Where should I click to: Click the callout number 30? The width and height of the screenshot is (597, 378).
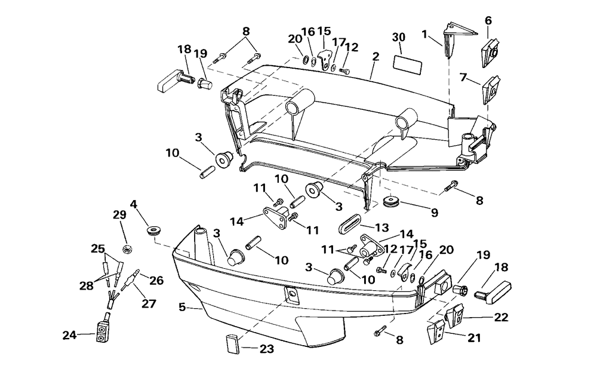pos(399,37)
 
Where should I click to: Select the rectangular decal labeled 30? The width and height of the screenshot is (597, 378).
pos(407,65)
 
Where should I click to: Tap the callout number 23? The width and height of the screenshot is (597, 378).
pos(267,349)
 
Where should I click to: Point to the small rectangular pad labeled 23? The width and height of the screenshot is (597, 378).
pos(232,345)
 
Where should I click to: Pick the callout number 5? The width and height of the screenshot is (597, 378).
pos(182,307)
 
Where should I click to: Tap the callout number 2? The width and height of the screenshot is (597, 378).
pos(376,57)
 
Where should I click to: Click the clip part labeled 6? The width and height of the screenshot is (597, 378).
pos(492,53)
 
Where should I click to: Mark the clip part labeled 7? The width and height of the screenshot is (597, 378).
pos(491,90)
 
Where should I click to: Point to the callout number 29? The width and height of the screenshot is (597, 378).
pos(119,215)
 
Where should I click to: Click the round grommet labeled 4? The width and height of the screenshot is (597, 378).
pos(153,231)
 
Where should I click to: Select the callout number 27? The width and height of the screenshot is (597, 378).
pos(149,304)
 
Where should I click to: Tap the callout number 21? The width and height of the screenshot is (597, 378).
pos(474,337)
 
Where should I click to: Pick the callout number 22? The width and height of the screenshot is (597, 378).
pos(501,316)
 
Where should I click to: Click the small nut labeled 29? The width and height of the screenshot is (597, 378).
pos(128,250)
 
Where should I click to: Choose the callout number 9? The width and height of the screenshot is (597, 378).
pos(435,213)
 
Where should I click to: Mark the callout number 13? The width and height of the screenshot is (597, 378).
pos(382,228)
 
